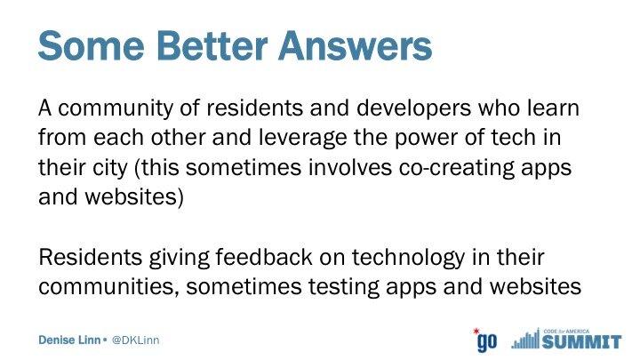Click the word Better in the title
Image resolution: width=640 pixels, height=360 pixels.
(212, 45)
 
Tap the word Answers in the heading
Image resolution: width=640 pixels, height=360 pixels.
(355, 45)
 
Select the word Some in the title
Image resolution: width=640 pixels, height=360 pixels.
(92, 45)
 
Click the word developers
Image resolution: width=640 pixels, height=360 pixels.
(413, 109)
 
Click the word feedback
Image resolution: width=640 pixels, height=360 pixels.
(264, 258)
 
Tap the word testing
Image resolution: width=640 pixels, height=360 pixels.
(344, 287)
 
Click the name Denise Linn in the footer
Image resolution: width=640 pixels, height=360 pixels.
(69, 340)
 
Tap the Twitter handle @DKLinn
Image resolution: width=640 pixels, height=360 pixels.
(135, 340)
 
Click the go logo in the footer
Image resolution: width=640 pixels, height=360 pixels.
(485, 340)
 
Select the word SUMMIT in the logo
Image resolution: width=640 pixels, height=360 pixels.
(581, 342)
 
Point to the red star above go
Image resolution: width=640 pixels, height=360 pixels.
(476, 331)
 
